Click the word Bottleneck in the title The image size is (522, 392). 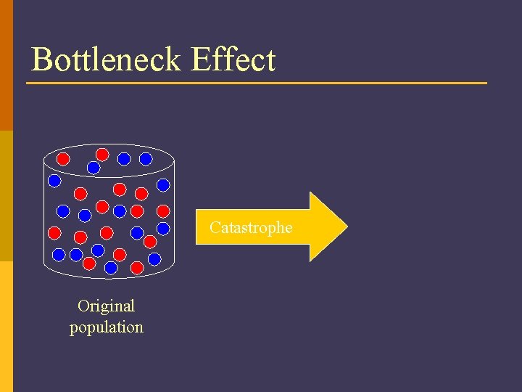107,60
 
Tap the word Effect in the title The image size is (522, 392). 233,60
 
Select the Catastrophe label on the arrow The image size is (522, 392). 251,227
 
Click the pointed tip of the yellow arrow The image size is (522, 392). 346,226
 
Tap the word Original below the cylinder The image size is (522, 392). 106,306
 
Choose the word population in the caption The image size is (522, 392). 106,327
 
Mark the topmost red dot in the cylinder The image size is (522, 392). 102,154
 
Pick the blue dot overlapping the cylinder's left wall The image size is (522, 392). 54,179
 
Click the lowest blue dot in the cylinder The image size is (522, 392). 111,267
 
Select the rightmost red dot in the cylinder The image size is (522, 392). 164,211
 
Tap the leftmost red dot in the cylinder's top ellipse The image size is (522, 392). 63,158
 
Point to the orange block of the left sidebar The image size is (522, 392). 7,65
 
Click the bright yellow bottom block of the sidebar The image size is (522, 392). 7,327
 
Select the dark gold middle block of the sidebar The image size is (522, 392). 7,196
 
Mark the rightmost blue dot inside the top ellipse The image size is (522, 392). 146,158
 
